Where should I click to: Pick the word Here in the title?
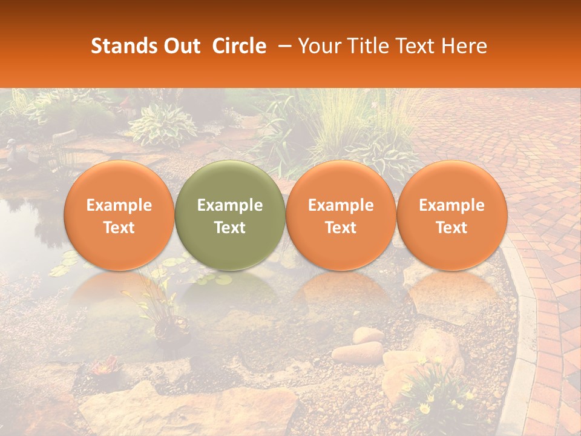pos(464,46)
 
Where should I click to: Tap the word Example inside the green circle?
pos(230,205)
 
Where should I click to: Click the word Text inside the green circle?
pos(230,228)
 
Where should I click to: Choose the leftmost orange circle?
pos(119,216)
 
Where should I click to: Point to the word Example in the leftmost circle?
pos(119,205)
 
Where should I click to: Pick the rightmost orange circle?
pos(451,216)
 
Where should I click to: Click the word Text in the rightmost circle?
pos(451,228)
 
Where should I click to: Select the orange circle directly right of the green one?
pos(341,216)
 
